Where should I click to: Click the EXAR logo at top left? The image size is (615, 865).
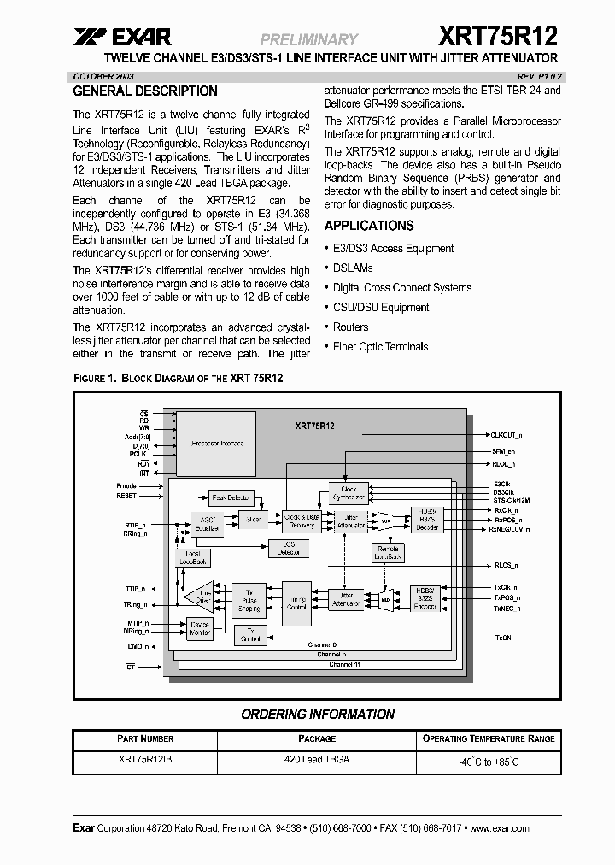pyautogui.click(x=122, y=37)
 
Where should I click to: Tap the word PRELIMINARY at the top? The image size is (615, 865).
pyautogui.click(x=308, y=39)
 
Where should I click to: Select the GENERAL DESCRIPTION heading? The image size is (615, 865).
pyautogui.click(x=145, y=91)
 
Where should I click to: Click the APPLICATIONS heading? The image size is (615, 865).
pyautogui.click(x=369, y=226)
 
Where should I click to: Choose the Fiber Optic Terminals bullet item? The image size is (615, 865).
pyautogui.click(x=380, y=346)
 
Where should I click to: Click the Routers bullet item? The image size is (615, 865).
pyautogui.click(x=350, y=327)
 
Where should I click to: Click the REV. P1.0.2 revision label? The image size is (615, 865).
pyautogui.click(x=536, y=76)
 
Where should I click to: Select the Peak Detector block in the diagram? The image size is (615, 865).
pyautogui.click(x=231, y=497)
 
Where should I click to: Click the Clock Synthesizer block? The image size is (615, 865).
pyautogui.click(x=348, y=493)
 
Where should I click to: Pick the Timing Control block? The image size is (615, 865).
pyautogui.click(x=296, y=603)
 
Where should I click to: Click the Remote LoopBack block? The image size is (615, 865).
pyautogui.click(x=388, y=553)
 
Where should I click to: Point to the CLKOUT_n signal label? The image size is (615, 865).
pyautogui.click(x=508, y=434)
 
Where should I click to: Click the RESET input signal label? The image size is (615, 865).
pyautogui.click(x=126, y=496)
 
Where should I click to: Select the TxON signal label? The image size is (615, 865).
pyautogui.click(x=503, y=638)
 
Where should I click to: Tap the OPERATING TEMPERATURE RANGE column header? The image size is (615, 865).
pyautogui.click(x=489, y=738)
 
